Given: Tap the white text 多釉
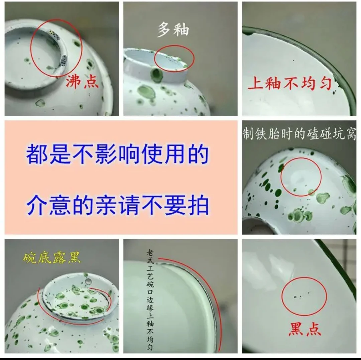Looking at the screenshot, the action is (x=173, y=29).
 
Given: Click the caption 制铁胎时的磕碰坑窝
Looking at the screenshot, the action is (x=299, y=134).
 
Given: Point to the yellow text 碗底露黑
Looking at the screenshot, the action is (x=51, y=258).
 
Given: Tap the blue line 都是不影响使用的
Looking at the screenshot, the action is (x=117, y=154).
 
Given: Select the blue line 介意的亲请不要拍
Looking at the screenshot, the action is (x=117, y=205).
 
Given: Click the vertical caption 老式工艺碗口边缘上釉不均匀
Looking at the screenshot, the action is (x=150, y=300).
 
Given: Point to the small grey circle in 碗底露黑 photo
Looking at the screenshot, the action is (x=88, y=281).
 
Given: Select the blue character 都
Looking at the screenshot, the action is (x=37, y=154).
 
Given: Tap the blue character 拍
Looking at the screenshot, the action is (x=198, y=205).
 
